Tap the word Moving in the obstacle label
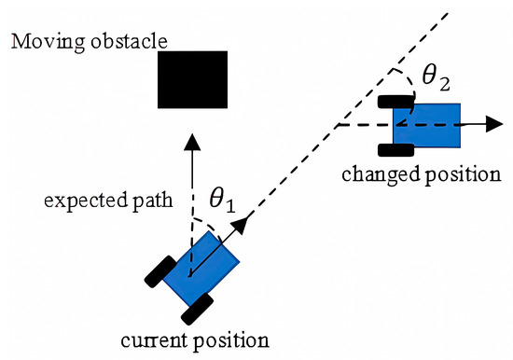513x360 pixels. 36,42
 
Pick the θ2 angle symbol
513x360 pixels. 435,78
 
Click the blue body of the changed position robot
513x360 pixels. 427,124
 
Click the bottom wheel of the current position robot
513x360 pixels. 200,304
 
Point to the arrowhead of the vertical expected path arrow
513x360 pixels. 191,140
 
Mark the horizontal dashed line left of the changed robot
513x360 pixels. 364,124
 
